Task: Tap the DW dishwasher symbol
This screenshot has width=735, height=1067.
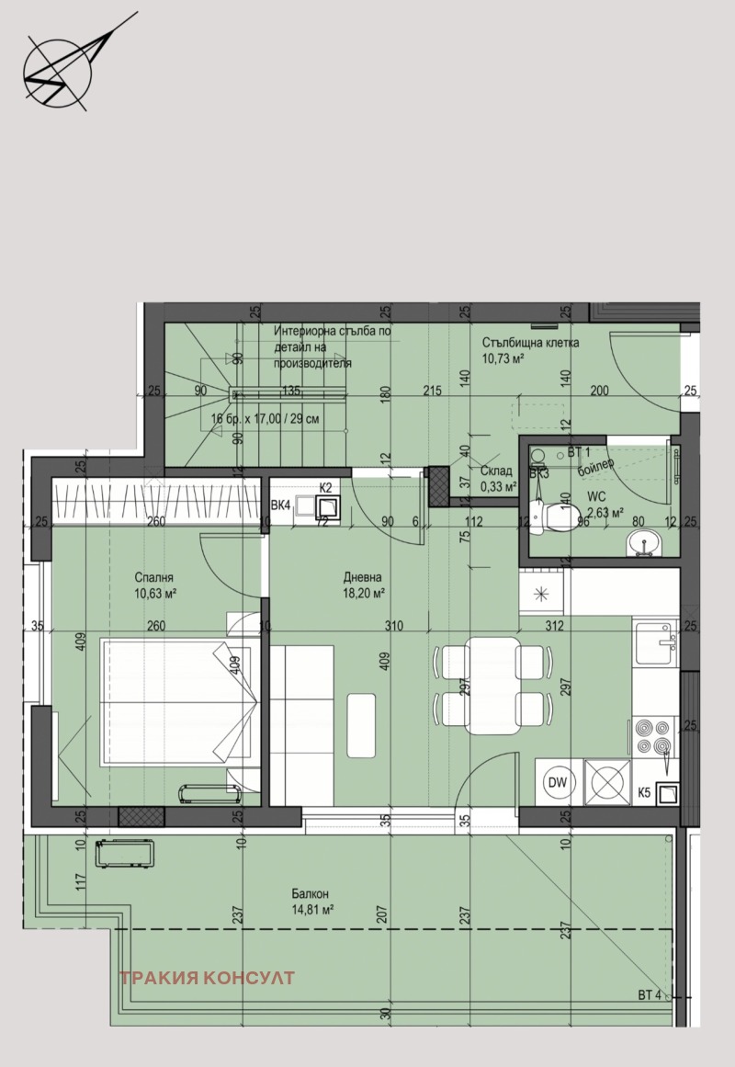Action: tap(556, 782)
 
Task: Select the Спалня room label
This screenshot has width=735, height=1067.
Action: tap(153, 578)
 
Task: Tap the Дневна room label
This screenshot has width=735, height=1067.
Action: tap(362, 578)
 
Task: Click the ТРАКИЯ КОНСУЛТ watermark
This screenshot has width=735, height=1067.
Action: tap(207, 978)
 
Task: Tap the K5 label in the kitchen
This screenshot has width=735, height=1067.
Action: tap(644, 790)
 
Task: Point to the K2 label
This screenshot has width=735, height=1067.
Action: tap(325, 487)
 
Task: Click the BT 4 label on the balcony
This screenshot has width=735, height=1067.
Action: tap(650, 994)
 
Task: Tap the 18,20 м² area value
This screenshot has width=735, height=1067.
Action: tap(362, 594)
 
